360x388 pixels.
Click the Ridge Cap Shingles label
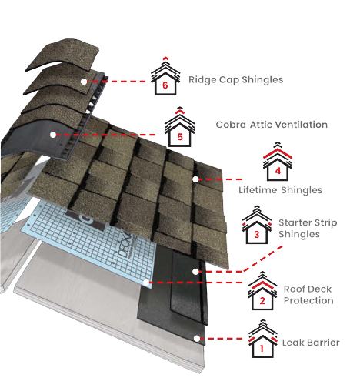coord(236,79)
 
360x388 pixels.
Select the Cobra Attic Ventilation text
coord(261,125)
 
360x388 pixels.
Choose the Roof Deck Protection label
coord(308,295)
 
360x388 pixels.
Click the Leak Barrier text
coord(310,343)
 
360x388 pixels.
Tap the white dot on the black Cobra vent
coord(52,135)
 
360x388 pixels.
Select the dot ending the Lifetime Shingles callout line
coord(195,179)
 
